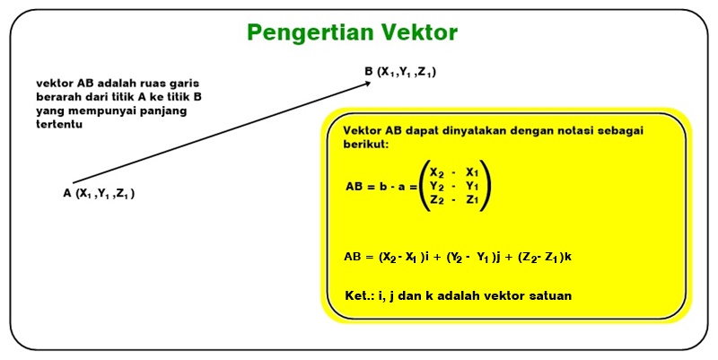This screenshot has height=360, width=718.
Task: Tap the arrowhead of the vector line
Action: point(367,83)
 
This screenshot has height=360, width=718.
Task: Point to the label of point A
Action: point(99,193)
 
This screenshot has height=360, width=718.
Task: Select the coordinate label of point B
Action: point(400,72)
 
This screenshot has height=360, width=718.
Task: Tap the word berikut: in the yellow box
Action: point(366,144)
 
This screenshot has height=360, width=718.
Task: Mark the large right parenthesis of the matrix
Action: point(485,186)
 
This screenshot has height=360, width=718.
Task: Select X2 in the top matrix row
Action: point(437,173)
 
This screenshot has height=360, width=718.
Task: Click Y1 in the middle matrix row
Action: point(472,187)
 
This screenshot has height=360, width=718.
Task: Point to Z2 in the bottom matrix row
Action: point(437,200)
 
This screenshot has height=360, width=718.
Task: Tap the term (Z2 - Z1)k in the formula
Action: point(545,257)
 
